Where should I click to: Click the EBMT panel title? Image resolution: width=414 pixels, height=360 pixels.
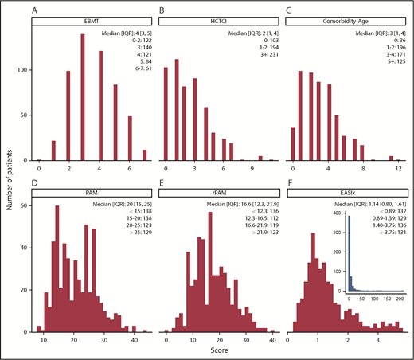[x=83, y=24]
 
